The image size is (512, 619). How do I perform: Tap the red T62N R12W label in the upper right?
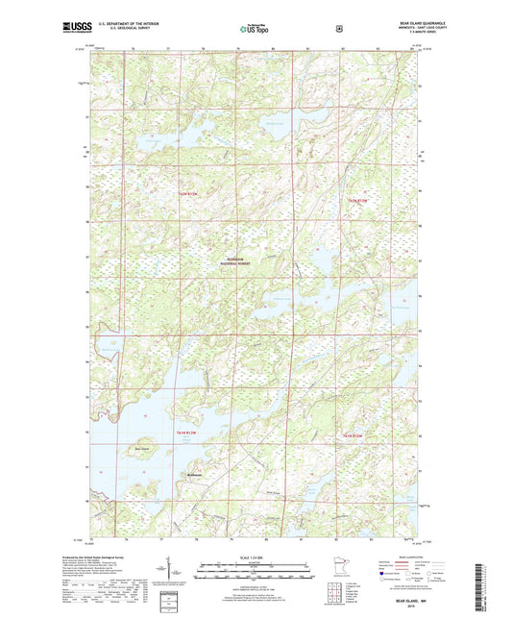tap(356, 199)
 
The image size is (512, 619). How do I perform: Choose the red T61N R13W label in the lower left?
tap(191, 435)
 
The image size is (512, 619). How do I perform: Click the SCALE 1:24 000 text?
tap(256, 557)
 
